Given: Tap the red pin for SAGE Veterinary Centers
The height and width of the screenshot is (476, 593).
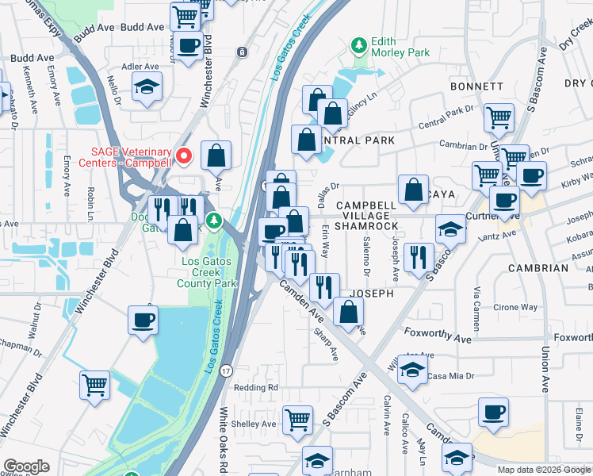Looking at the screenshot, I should click(x=184, y=155).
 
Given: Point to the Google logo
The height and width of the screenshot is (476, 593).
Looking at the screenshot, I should click(x=26, y=466).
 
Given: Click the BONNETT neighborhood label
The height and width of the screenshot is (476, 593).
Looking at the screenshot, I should click(x=476, y=86).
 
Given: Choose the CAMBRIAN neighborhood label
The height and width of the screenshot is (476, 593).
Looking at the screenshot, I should click(x=538, y=268).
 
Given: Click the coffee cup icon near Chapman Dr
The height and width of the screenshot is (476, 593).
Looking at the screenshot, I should click(x=143, y=320).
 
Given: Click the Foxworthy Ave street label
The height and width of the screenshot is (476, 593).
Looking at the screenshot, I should click(x=438, y=339).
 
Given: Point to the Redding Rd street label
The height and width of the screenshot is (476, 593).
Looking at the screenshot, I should click(x=256, y=387).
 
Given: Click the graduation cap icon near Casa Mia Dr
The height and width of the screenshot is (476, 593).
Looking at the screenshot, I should click(x=411, y=369).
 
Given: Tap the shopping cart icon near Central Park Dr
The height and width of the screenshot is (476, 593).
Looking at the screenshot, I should click(x=499, y=117).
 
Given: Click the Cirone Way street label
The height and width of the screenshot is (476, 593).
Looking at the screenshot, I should click(x=516, y=307).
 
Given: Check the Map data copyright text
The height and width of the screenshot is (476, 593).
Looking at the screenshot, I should click(x=543, y=469).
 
